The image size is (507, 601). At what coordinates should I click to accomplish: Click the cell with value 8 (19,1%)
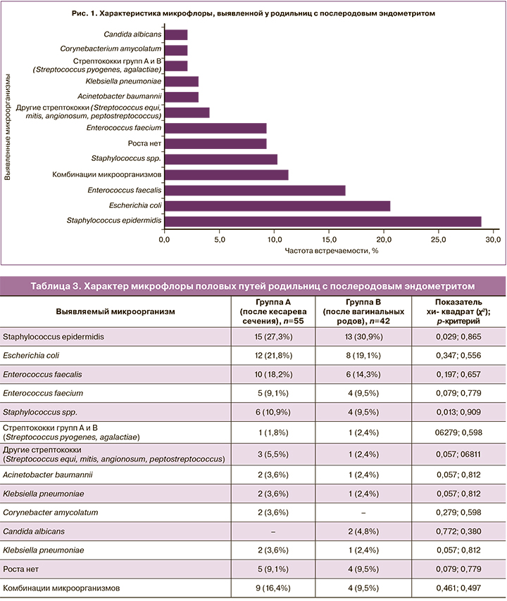[361, 356]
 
